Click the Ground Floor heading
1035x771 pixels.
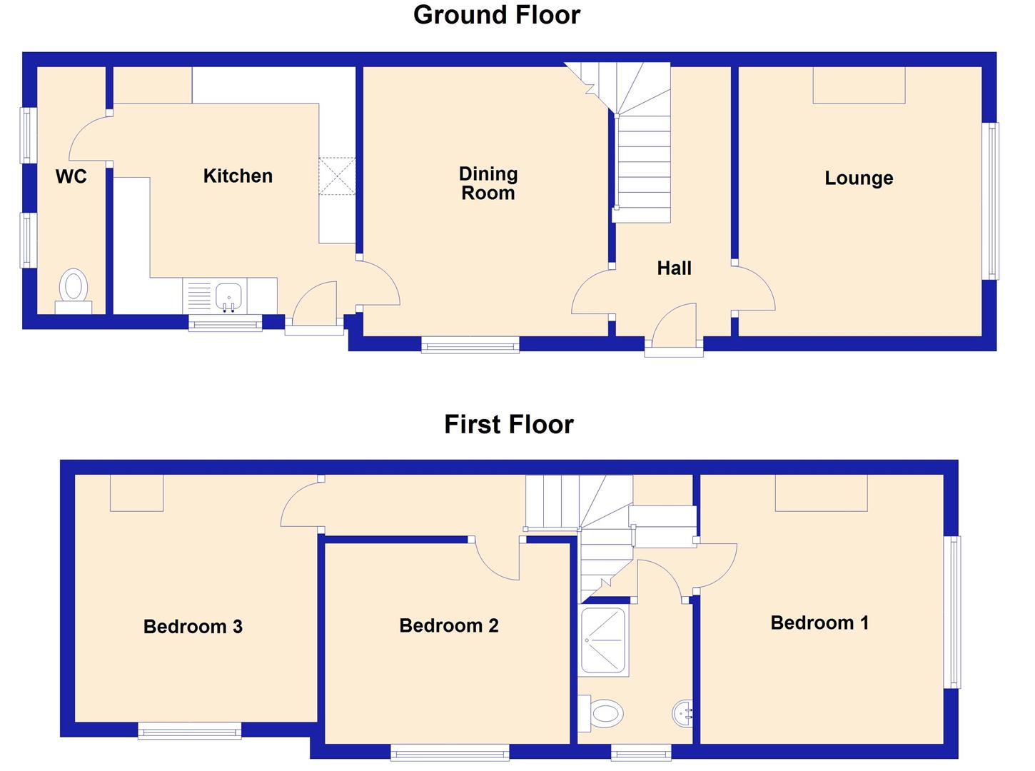click(497, 15)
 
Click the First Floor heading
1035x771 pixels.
click(508, 425)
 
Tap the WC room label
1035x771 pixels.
click(71, 176)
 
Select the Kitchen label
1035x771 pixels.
click(238, 176)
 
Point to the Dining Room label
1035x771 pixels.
click(488, 183)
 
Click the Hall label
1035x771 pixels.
click(674, 268)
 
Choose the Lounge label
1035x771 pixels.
click(859, 178)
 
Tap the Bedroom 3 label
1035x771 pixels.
click(193, 627)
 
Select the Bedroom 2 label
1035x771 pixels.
click(448, 626)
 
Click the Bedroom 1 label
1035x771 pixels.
click(819, 623)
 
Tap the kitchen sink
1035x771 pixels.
click(228, 296)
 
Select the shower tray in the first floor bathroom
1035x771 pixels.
click(604, 641)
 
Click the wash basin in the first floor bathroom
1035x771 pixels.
click(682, 713)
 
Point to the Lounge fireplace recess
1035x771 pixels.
click(859, 85)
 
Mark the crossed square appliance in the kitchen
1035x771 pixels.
click(337, 176)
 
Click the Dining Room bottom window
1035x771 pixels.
click(470, 346)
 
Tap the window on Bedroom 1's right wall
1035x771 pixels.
click(951, 612)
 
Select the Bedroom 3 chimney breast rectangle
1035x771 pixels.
click(136, 493)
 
